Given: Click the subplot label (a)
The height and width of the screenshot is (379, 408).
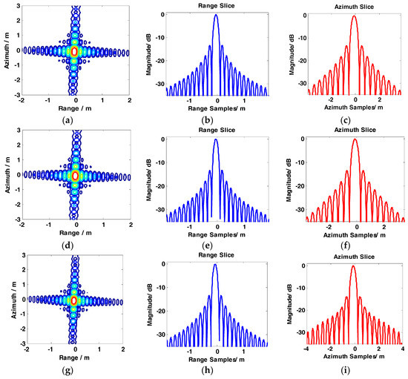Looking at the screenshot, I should [74, 116].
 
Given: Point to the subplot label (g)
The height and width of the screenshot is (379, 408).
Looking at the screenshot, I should [74, 369].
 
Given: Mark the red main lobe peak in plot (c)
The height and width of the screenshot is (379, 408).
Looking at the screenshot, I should [355, 16].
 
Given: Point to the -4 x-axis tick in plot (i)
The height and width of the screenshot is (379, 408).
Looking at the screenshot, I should [307, 348].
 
